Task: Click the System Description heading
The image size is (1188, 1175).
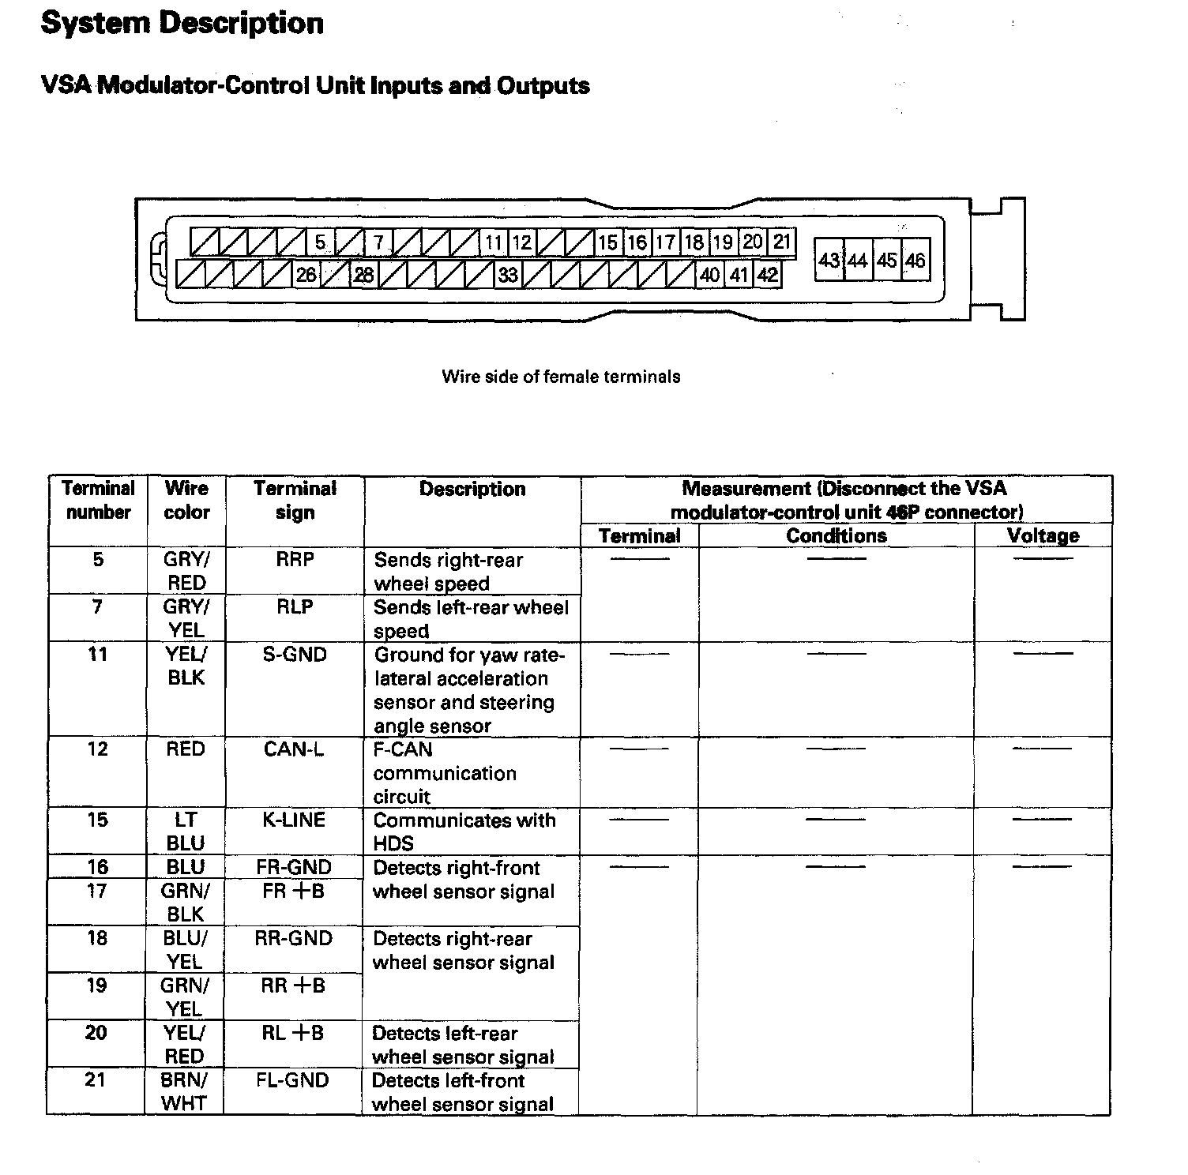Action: (x=182, y=23)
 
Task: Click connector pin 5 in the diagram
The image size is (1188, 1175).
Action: (x=320, y=242)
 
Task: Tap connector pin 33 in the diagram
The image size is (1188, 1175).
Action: (x=508, y=275)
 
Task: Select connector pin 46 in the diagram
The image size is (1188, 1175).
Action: (x=915, y=260)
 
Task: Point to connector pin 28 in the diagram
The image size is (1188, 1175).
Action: (x=363, y=275)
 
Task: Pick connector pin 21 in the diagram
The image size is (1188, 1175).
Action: (x=781, y=242)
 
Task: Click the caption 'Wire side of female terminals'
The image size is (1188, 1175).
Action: (x=561, y=377)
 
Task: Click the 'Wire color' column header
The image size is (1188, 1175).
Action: (x=186, y=500)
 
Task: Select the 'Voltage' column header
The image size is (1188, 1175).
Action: (x=1043, y=535)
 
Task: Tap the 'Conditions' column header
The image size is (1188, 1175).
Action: (x=836, y=535)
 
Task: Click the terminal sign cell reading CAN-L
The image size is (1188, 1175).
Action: (x=294, y=749)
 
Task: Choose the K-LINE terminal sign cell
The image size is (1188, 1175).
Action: (x=294, y=820)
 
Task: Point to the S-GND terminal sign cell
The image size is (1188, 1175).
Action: (x=295, y=655)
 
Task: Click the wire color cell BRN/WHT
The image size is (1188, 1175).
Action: (x=185, y=1091)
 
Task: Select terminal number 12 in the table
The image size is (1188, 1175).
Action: (x=97, y=749)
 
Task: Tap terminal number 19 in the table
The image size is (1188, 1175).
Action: (x=96, y=985)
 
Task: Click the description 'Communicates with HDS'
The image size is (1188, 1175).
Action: (x=464, y=832)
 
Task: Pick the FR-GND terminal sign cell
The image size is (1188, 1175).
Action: (x=294, y=867)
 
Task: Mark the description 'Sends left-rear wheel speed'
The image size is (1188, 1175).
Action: (x=471, y=619)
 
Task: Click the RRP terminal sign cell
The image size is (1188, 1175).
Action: (x=295, y=560)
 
